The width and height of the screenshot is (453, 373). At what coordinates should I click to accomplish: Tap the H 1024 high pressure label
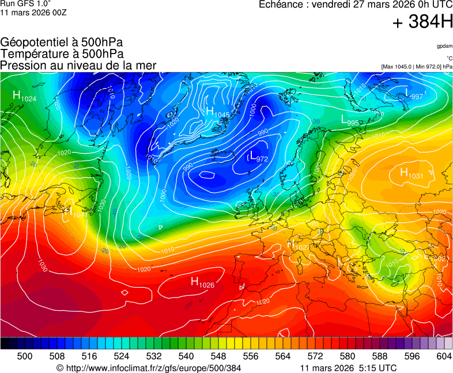pyautogui.click(x=24, y=96)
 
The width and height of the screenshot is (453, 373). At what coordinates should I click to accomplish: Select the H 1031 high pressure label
pyautogui.click(x=411, y=174)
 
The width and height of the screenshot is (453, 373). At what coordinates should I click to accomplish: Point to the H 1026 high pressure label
pyautogui.click(x=202, y=282)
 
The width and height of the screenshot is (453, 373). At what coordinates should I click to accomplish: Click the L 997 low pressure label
pyautogui.click(x=413, y=94)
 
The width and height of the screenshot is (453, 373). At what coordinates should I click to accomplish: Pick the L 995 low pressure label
pyautogui.click(x=350, y=121)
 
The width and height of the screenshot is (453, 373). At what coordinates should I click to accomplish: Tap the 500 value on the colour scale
pyautogui.click(x=25, y=356)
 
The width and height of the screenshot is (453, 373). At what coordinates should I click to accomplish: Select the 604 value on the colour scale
pyautogui.click(x=443, y=356)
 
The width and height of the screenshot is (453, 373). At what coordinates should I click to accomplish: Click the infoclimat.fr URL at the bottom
pyautogui.click(x=149, y=368)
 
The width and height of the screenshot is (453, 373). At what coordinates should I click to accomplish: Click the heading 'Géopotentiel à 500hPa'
pyautogui.click(x=62, y=43)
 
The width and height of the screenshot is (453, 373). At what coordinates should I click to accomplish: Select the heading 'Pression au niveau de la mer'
pyautogui.click(x=78, y=66)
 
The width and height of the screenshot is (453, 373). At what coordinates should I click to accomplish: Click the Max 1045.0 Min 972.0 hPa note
pyautogui.click(x=416, y=67)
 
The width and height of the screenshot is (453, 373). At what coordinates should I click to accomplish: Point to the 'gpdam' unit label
pyautogui.click(x=444, y=46)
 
